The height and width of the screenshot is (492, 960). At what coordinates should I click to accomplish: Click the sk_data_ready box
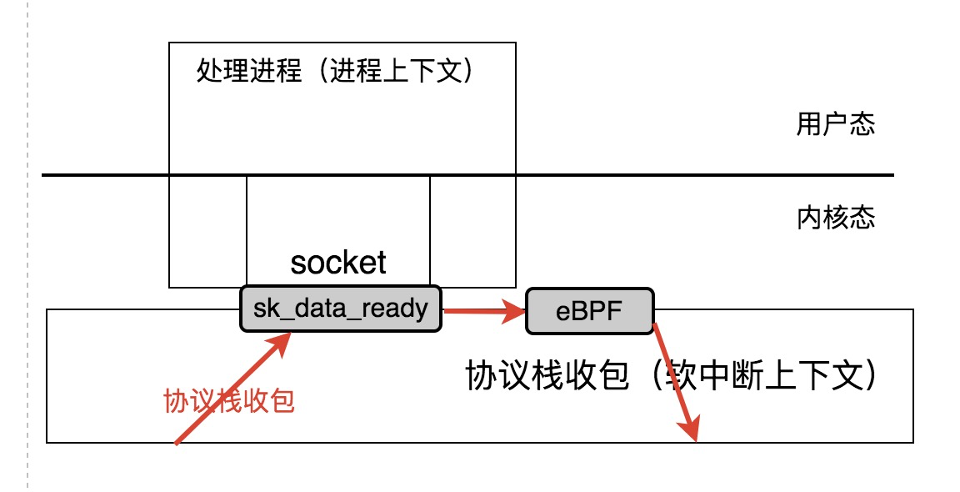pos(340,309)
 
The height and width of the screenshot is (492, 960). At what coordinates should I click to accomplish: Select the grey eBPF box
pos(589,311)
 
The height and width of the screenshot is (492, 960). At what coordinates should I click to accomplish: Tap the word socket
pos(338,263)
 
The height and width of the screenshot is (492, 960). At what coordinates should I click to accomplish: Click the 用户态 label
pos(836,125)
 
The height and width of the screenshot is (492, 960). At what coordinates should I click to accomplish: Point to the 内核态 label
pos(836,218)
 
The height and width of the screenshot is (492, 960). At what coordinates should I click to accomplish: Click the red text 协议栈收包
pos(230,402)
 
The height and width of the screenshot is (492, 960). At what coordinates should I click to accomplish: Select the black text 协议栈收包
pos(545,376)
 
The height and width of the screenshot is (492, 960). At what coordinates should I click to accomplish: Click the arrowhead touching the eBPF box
pos(517,313)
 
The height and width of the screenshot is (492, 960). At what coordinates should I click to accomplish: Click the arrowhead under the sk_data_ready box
pos(283,340)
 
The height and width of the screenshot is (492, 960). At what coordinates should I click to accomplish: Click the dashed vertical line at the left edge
pos(27,250)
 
